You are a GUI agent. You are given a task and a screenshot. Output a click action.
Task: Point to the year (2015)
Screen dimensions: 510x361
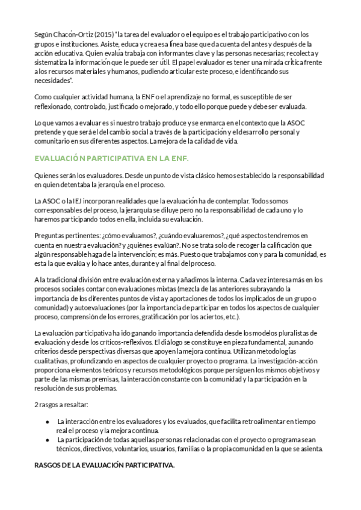(103, 34)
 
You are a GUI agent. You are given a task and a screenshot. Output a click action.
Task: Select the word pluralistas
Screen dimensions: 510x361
(295, 333)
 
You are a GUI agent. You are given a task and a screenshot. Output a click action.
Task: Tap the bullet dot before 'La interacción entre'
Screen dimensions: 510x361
(48, 422)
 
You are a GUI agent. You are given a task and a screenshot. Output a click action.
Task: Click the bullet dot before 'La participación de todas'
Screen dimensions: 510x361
(48, 440)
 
